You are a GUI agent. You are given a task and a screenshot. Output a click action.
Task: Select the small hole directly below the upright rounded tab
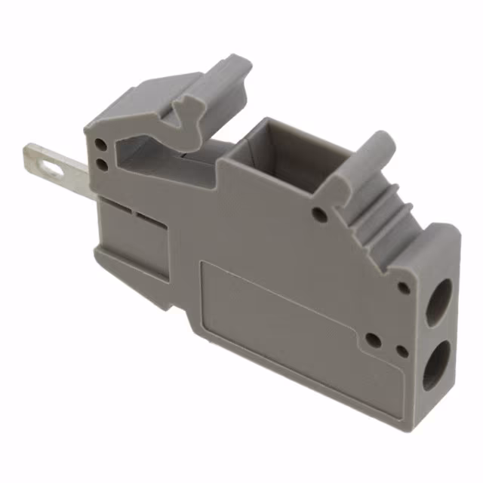coord(319,215)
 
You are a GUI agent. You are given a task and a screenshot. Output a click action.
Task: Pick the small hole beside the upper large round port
coord(405,288)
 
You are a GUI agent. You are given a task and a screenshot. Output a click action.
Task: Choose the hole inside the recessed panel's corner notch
coord(373,340)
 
